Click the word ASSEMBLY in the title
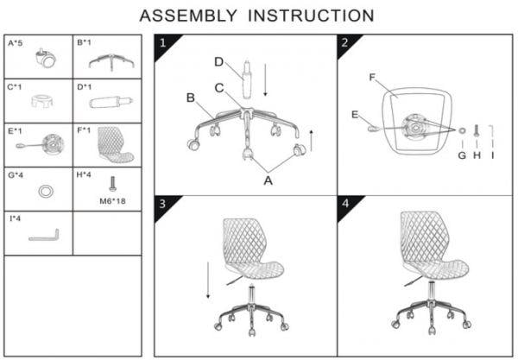(x=188, y=16)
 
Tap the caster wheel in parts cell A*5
(x=45, y=58)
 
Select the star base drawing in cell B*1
(x=111, y=62)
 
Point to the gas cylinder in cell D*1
(x=111, y=101)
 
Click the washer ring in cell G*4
(x=46, y=192)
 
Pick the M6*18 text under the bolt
(x=112, y=201)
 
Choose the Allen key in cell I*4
(x=44, y=235)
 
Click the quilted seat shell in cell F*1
(x=116, y=145)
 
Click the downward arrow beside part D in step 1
(x=265, y=80)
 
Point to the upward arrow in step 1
(x=311, y=141)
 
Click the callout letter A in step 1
(x=268, y=180)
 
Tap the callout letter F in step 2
(x=372, y=78)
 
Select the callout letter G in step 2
(x=462, y=155)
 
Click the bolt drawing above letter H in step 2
(x=477, y=130)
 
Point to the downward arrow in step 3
(x=208, y=280)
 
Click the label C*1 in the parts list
(x=15, y=87)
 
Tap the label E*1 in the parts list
(x=15, y=130)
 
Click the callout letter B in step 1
(x=191, y=98)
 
